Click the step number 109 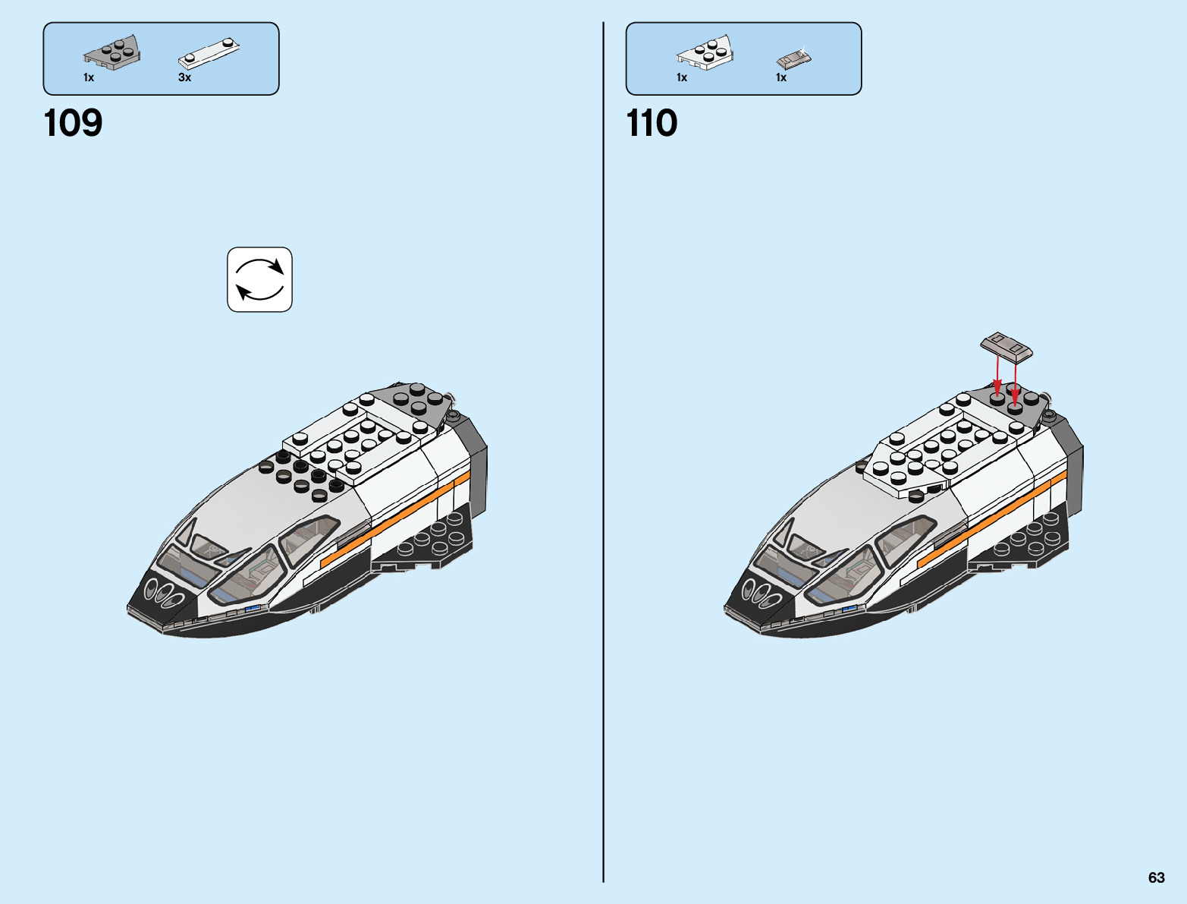coord(73,123)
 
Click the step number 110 coord(652,123)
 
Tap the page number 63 coord(1156,877)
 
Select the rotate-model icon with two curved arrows coord(259,279)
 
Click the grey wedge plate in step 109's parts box coord(112,53)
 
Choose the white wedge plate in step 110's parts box coord(705,53)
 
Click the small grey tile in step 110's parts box coord(793,58)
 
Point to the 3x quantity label coord(184,77)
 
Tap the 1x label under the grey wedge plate coord(89,77)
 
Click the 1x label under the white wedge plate coord(682,77)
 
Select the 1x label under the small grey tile coord(781,77)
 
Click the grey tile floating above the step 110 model coord(1006,345)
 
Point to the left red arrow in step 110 coord(997,376)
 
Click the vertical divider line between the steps coord(604,455)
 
